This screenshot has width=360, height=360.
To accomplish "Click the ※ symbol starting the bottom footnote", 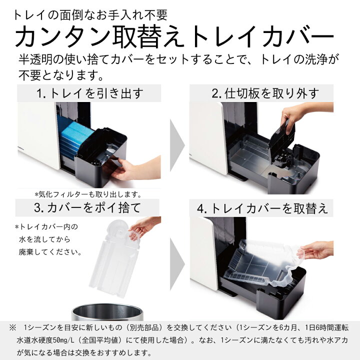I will click(x=12, y=327).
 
